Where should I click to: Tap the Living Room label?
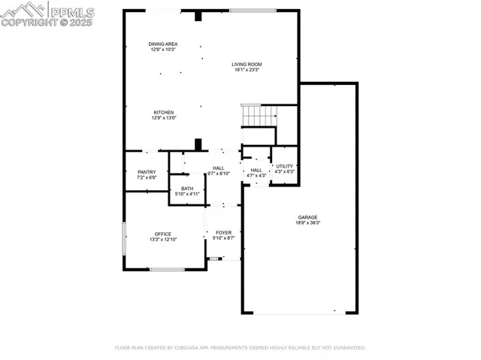(x=247, y=65)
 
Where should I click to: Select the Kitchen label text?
(x=164, y=113)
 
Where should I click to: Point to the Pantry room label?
(x=147, y=172)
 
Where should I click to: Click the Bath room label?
(x=186, y=189)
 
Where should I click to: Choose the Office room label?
(x=163, y=234)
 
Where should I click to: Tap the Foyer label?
(x=223, y=233)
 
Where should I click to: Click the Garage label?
(x=307, y=217)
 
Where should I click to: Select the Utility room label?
(x=284, y=166)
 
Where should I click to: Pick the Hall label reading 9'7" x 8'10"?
(x=218, y=168)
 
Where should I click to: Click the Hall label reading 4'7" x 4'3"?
(x=256, y=170)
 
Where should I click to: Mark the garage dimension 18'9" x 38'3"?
(x=307, y=223)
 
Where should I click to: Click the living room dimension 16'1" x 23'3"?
(x=247, y=71)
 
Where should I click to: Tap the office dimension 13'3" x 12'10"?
(x=163, y=240)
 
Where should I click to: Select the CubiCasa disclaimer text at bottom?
(x=240, y=348)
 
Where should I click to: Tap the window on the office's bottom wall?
(x=166, y=269)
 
